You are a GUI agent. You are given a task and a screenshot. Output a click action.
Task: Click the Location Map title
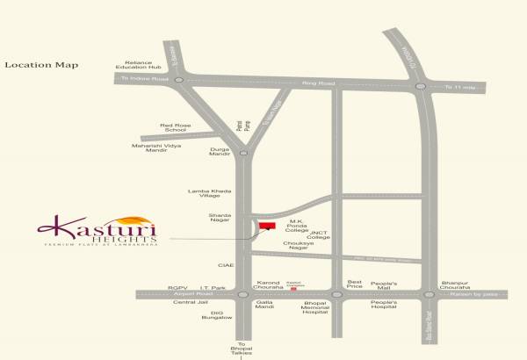(x=41, y=65)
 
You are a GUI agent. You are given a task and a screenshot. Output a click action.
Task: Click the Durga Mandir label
(x=220, y=151)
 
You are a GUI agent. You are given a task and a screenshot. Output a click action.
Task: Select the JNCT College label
(x=318, y=234)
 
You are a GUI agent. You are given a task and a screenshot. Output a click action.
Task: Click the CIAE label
(x=226, y=263)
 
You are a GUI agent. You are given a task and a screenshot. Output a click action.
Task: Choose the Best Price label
(x=355, y=284)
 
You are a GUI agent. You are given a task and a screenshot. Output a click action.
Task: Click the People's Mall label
(x=383, y=284)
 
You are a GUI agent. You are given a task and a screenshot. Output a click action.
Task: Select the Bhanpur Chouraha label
(x=455, y=284)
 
